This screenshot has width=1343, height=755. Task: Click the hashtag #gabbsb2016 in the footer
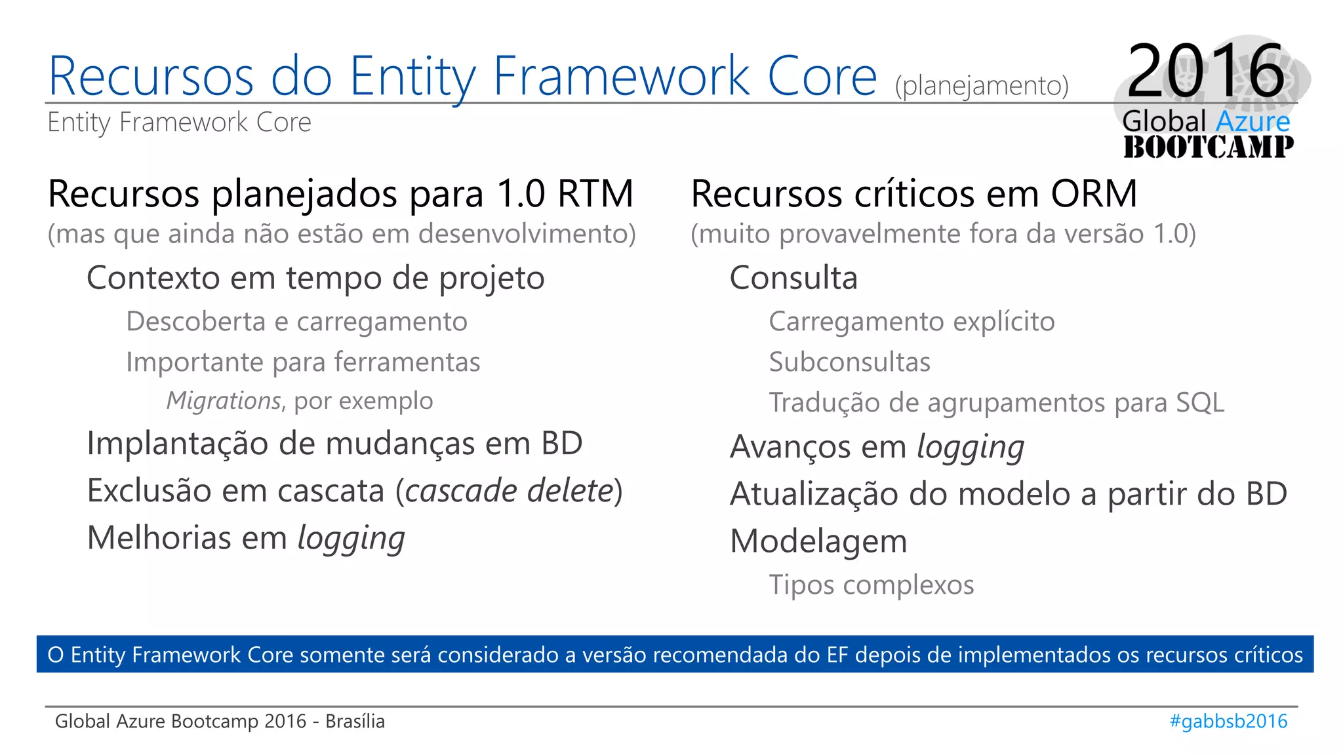click(1228, 721)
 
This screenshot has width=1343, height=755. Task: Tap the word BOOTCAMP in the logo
click(1208, 147)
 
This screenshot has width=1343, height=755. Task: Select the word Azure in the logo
click(1253, 121)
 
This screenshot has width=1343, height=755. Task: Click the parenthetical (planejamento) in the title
click(982, 86)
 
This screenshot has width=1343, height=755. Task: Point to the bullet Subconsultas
click(849, 362)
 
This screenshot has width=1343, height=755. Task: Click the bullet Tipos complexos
click(871, 585)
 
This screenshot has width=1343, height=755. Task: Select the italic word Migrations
click(224, 400)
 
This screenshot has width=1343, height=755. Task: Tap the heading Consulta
click(793, 277)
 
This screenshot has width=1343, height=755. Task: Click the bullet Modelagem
click(818, 541)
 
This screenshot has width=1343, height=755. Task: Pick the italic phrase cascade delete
click(509, 491)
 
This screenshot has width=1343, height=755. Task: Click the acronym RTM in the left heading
click(595, 194)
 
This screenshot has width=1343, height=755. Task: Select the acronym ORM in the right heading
click(1093, 194)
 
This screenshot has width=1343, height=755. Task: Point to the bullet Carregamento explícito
click(912, 322)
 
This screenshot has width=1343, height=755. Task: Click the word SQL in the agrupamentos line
click(1199, 402)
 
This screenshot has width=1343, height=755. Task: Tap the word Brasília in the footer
click(355, 721)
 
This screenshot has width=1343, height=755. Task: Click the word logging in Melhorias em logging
click(351, 539)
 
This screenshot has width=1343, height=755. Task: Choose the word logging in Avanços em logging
click(970, 448)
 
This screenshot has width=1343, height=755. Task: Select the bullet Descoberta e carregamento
click(296, 322)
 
